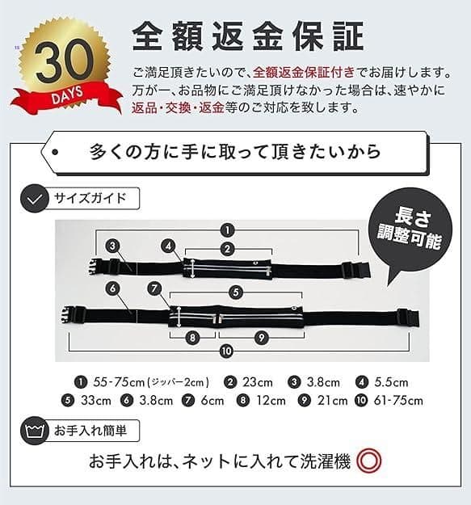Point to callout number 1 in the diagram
pos(228,229)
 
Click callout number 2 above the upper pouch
pos(228,249)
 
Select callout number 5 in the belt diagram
pos(236,292)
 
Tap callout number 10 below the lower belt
pos(226,350)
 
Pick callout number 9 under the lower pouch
pos(261,336)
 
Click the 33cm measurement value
pos(95,400)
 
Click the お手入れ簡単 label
pos(95,430)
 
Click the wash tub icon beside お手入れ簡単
pos(34,431)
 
